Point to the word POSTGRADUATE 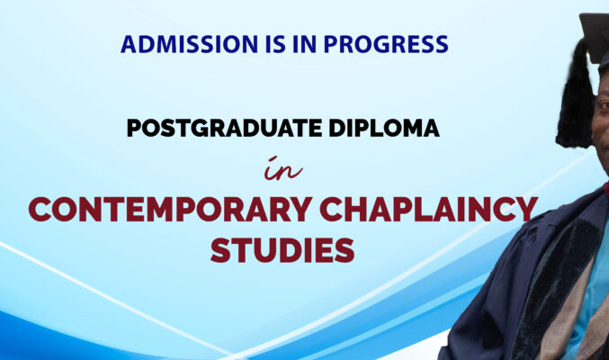tap(225, 128)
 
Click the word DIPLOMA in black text tap(384, 128)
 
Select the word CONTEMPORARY tap(170, 209)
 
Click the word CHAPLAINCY tap(429, 209)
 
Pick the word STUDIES tap(282, 250)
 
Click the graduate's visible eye tap(605, 104)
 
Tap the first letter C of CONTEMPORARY tap(40, 209)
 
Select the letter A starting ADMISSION tap(129, 44)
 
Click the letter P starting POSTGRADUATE tap(134, 128)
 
